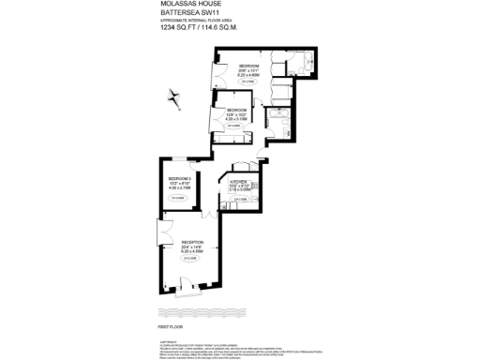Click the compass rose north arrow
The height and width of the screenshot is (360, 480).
click(172, 96)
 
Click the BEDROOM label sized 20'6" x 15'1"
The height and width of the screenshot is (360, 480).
click(248, 66)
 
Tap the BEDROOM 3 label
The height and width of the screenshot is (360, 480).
click(180, 179)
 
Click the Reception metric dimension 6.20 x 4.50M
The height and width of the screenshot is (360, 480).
click(193, 251)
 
